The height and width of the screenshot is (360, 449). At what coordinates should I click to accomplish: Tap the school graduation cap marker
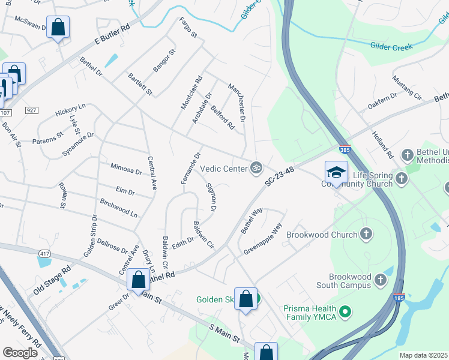336,172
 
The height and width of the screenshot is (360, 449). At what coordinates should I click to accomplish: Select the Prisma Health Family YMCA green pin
345,311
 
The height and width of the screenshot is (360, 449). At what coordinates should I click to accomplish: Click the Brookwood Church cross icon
366,234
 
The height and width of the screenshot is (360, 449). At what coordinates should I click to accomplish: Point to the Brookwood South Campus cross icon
381,279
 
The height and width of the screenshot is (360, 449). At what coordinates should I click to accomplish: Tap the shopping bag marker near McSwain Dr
58,28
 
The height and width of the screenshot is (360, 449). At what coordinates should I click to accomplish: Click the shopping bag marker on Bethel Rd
138,280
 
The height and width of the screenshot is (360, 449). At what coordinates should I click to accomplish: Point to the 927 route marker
32,110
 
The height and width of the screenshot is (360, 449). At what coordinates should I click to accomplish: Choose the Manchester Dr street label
237,103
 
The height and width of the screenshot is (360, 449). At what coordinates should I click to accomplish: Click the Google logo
20,353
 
